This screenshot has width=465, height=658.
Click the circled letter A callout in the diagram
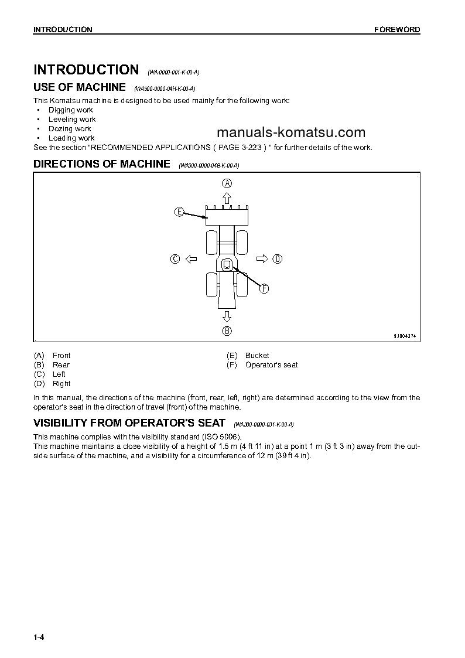[x=227, y=183]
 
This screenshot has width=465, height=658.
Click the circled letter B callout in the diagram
[x=227, y=331]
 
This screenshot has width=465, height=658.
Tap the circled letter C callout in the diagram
[x=175, y=259]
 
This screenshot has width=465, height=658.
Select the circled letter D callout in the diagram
[x=278, y=259]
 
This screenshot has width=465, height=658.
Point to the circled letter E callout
[x=179, y=212]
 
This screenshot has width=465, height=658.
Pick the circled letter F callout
[x=264, y=288]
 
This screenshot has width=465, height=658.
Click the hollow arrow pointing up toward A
[x=227, y=197]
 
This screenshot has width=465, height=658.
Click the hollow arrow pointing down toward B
[x=227, y=316]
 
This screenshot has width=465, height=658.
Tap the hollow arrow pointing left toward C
[x=190, y=259]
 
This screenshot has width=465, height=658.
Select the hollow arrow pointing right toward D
[x=262, y=259]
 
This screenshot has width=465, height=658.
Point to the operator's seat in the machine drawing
[x=227, y=265]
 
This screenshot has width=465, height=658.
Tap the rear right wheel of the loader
[x=242, y=285]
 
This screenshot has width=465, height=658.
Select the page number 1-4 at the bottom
[x=39, y=637]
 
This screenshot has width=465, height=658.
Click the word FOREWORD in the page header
[x=397, y=30]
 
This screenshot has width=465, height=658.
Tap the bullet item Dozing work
[x=70, y=129]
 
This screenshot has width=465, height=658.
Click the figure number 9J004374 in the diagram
[x=404, y=336]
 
